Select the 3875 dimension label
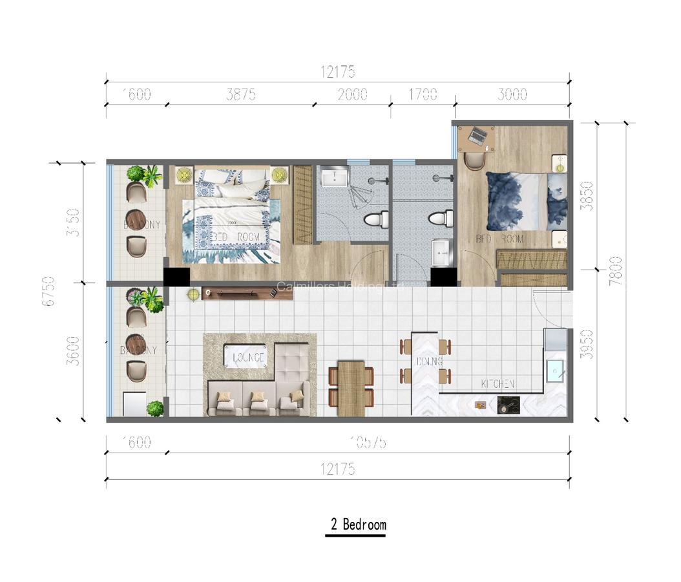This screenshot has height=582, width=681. click(241, 95)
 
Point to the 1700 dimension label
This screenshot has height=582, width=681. click(423, 95)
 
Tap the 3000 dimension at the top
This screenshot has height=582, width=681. click(512, 95)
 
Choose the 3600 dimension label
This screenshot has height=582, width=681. click(74, 351)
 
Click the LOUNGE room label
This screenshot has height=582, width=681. click(244, 357)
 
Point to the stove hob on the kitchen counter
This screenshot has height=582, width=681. click(506, 405)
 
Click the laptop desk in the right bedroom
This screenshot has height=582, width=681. click(476, 137)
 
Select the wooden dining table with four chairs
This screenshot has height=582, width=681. click(351, 384)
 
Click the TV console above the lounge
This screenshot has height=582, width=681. click(238, 294)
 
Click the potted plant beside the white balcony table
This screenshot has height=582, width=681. click(155, 408)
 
